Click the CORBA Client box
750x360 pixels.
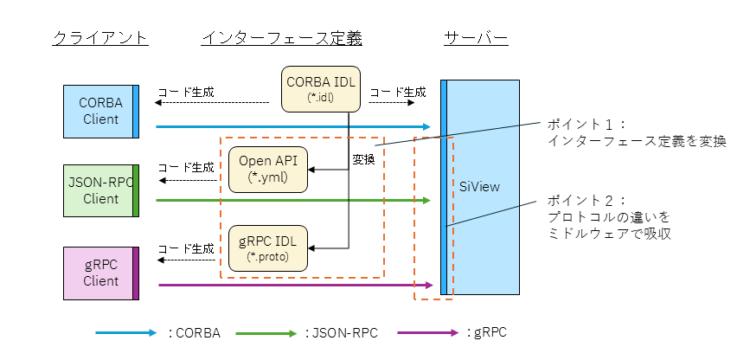click(x=100, y=111)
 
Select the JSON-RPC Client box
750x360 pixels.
click(x=100, y=189)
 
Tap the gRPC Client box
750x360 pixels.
click(x=100, y=272)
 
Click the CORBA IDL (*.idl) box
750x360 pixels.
click(x=318, y=88)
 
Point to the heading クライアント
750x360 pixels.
click(x=100, y=39)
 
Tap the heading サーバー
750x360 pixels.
click(x=476, y=39)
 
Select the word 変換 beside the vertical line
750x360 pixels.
click(x=363, y=159)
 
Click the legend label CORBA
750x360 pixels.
click(x=196, y=334)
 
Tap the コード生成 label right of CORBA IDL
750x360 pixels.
click(x=398, y=92)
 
